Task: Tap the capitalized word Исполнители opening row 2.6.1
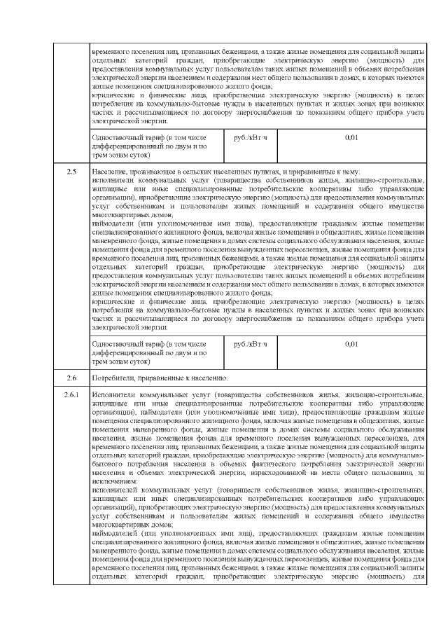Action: [113, 396]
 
